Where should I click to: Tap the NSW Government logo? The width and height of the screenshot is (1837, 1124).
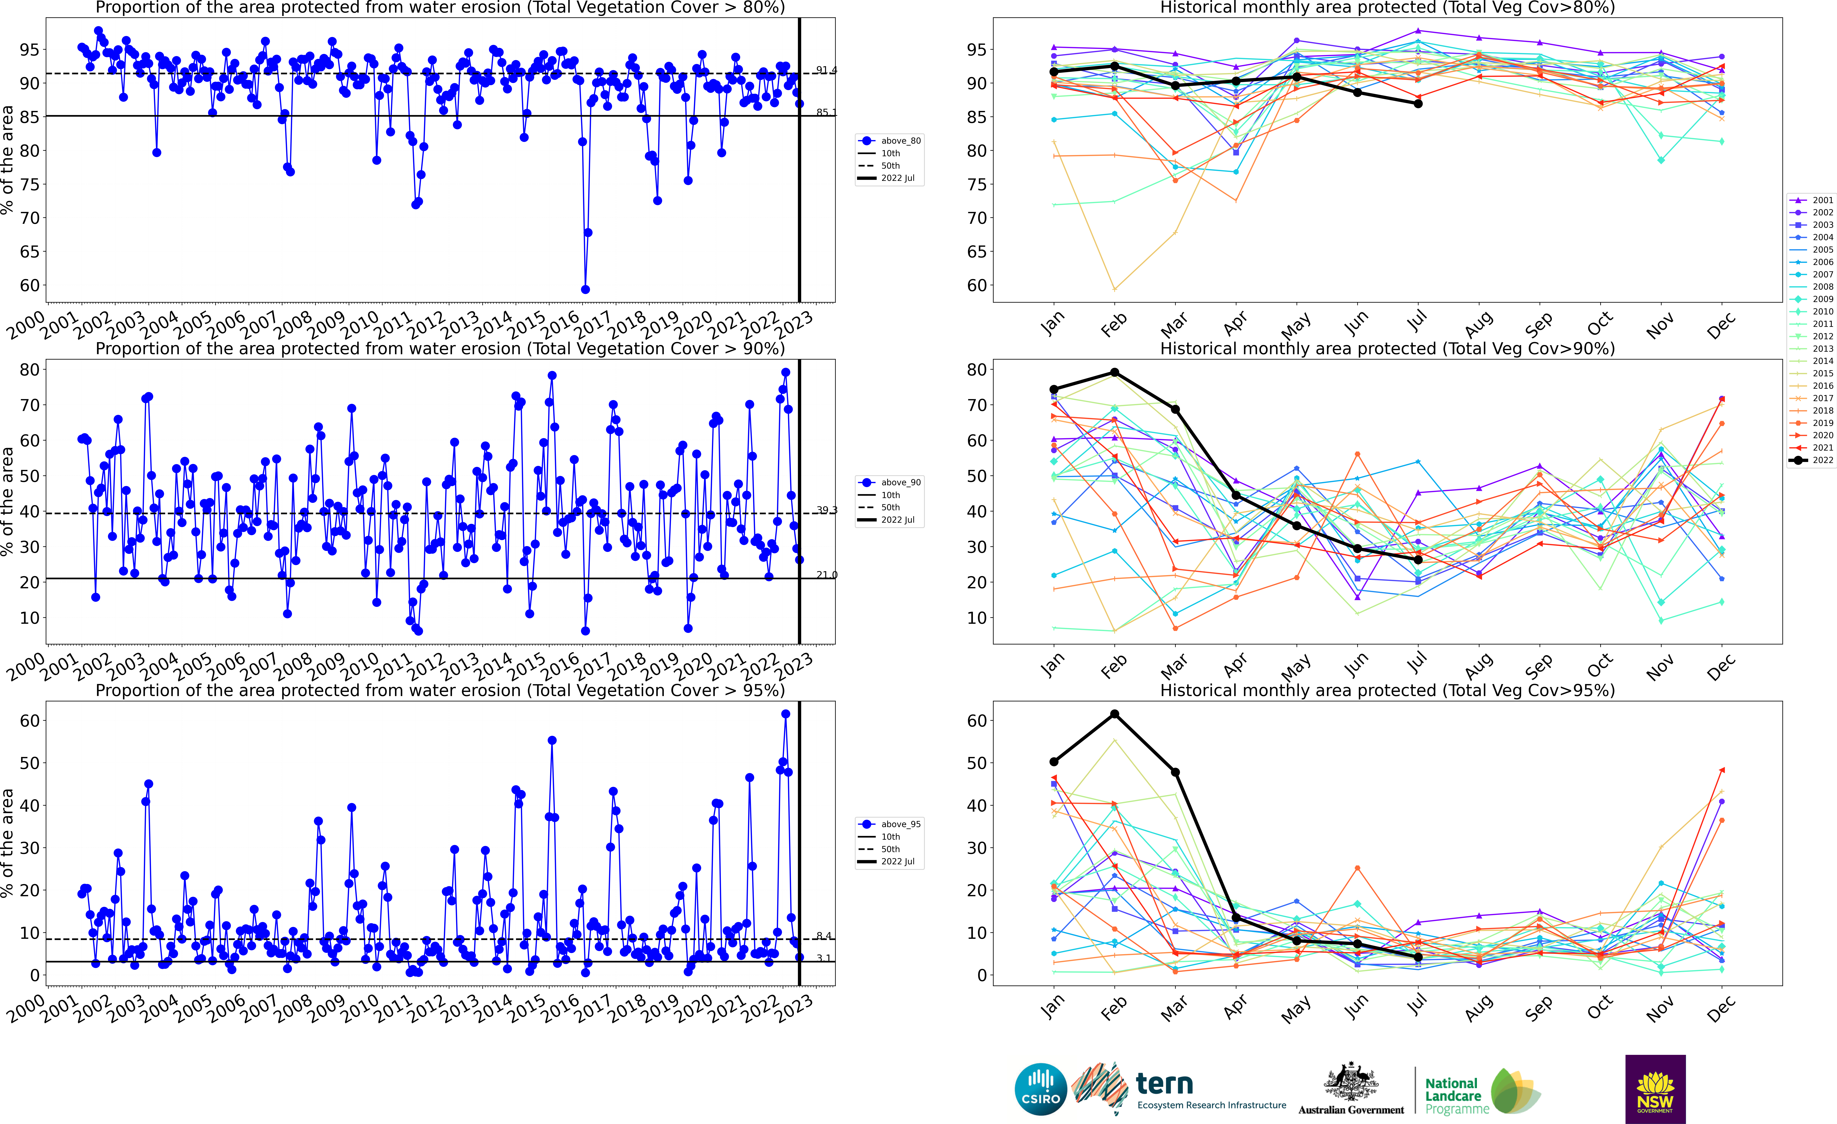[1655, 1089]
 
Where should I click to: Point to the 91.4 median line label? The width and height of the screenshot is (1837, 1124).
[826, 70]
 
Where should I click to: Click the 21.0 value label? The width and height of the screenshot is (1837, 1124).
[826, 575]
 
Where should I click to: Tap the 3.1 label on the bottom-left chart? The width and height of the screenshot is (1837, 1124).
[823, 958]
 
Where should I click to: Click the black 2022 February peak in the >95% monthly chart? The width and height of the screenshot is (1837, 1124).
[1115, 714]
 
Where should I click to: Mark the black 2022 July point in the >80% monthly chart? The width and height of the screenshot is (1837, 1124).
[1418, 104]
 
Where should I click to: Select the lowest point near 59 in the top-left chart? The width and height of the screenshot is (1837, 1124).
[585, 289]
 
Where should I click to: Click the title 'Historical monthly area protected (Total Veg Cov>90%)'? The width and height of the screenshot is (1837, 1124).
[1387, 349]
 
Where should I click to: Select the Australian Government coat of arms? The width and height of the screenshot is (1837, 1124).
[1351, 1082]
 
